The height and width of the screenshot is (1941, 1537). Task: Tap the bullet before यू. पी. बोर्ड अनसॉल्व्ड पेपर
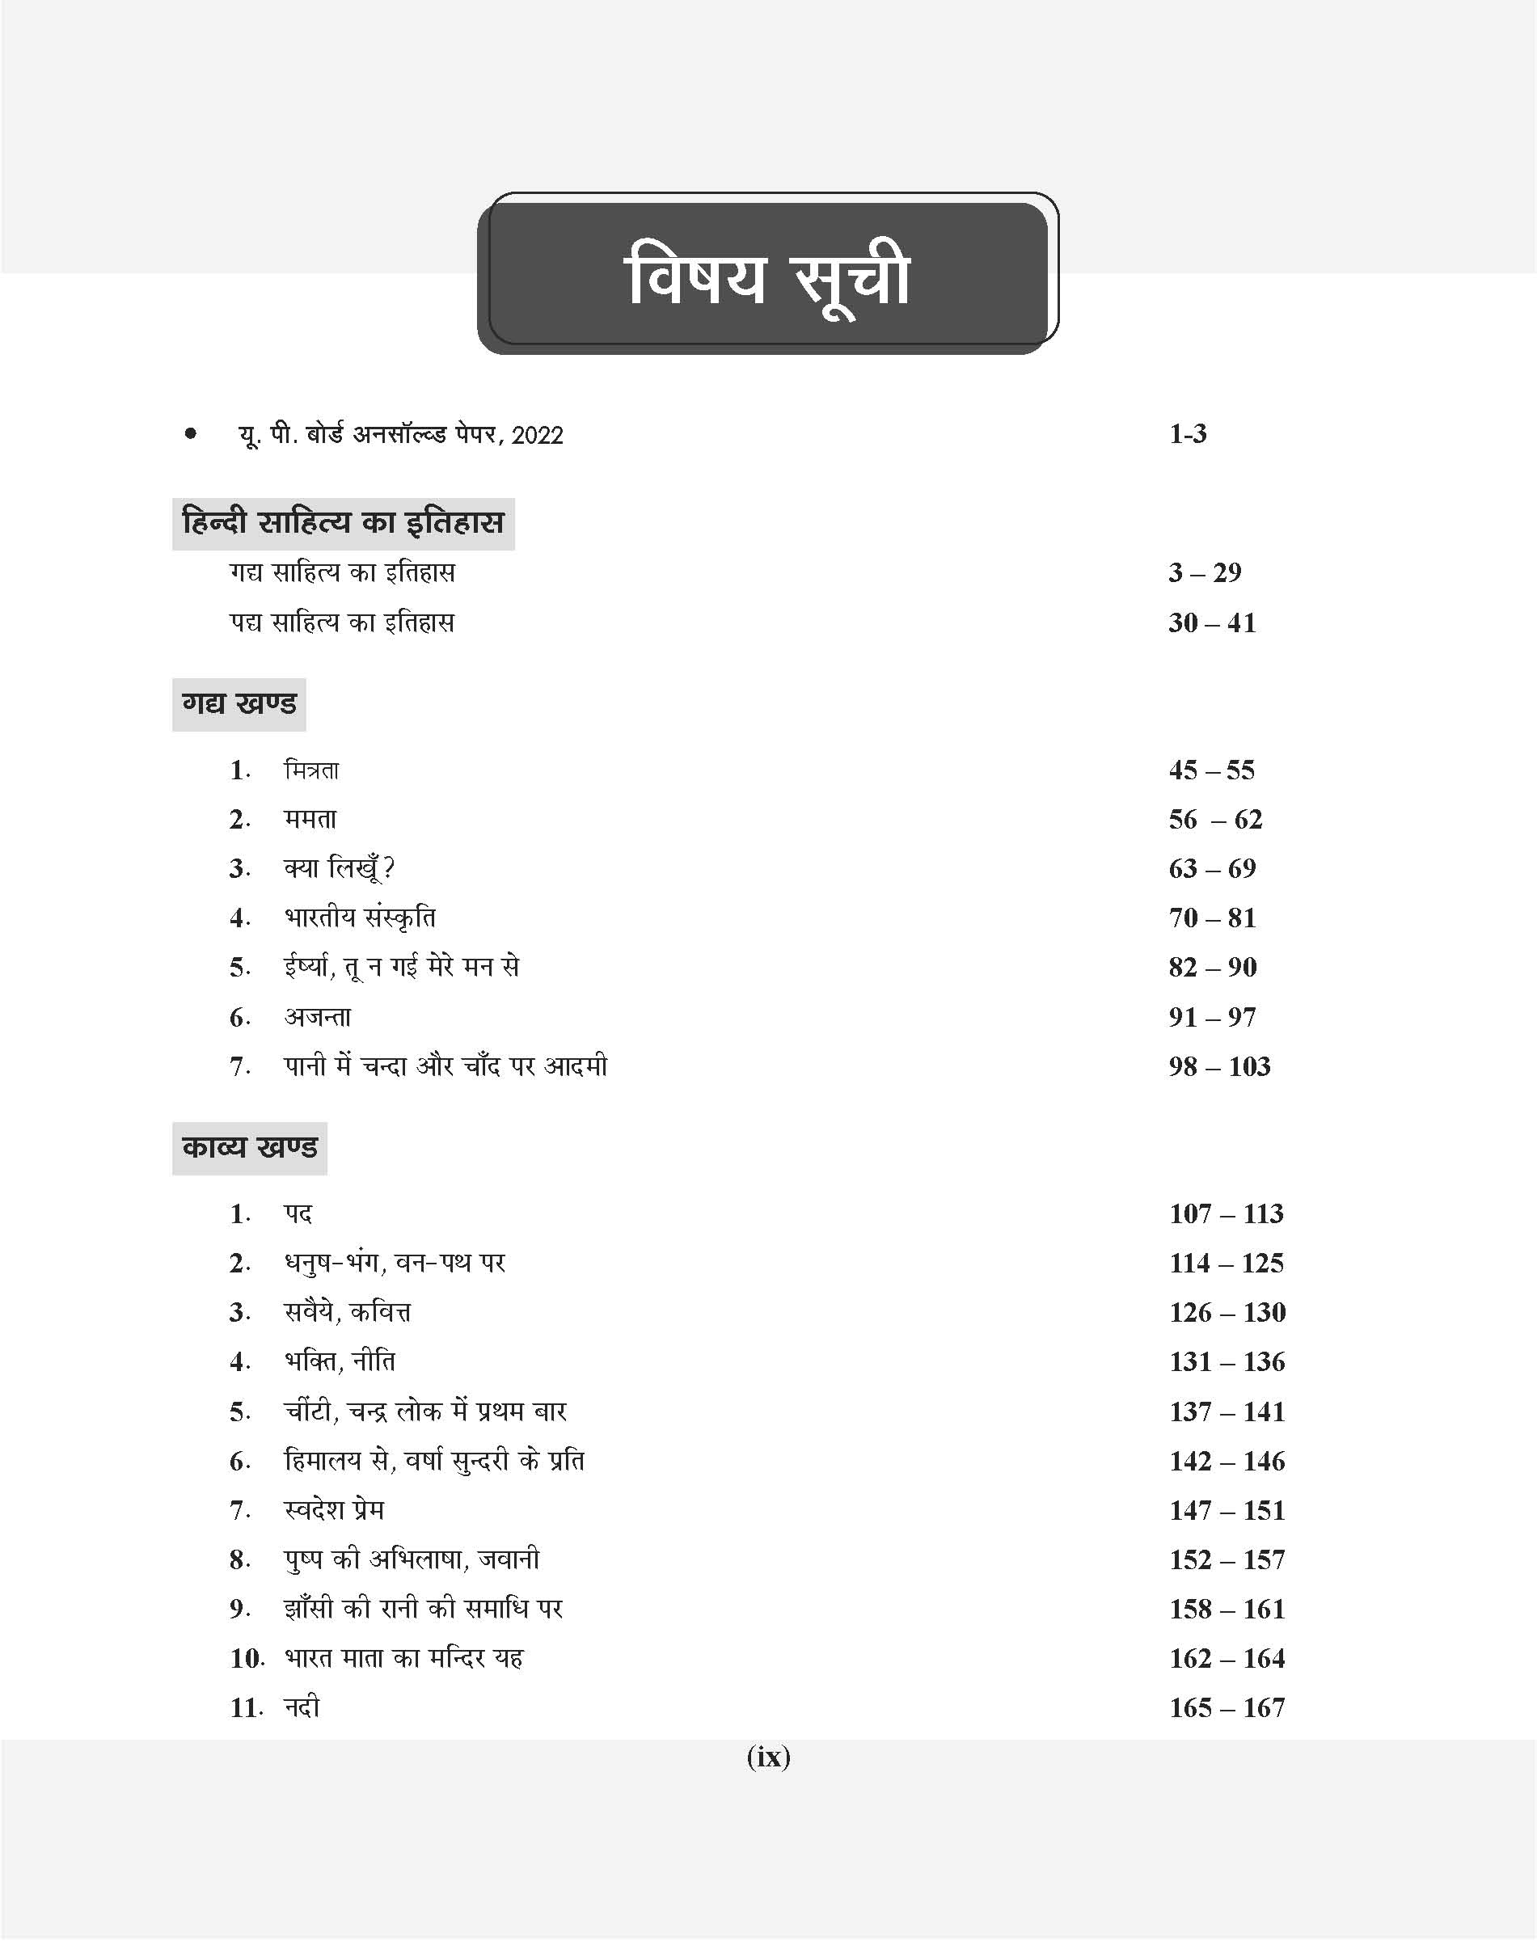[190, 435]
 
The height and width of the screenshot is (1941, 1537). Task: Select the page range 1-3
[1187, 435]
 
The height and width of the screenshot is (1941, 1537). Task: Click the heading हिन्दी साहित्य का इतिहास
[343, 523]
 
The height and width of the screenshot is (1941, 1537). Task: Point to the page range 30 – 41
[1211, 622]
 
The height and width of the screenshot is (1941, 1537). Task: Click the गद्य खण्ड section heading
[239, 703]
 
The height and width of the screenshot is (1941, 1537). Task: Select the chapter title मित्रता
[311, 770]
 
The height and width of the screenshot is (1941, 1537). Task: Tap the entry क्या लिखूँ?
[340, 868]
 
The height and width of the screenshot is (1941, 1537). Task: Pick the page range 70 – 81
[1211, 918]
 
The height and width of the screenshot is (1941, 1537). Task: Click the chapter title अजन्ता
[317, 1017]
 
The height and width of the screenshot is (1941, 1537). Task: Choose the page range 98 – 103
[1218, 1066]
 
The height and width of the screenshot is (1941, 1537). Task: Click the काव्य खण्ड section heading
[249, 1147]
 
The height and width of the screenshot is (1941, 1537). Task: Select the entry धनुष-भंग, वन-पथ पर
[394, 1264]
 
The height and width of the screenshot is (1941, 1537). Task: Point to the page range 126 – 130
[1227, 1313]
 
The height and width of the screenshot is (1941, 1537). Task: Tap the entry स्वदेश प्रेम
[334, 1510]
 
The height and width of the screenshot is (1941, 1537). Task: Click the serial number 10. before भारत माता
[246, 1658]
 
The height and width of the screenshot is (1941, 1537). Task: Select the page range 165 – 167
[1227, 1708]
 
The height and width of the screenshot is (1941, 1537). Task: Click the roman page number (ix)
[768, 1757]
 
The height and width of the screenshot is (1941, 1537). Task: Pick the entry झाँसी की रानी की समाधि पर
[423, 1609]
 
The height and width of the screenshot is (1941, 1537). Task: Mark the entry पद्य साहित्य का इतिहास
[342, 622]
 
